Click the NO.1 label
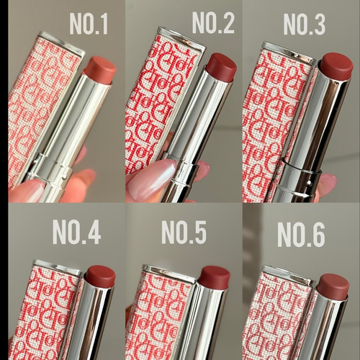(89, 24)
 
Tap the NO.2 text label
(213, 23)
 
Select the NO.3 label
(305, 24)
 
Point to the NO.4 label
(76, 233)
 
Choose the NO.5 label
(184, 233)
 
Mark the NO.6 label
(301, 234)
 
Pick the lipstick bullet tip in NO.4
(101, 276)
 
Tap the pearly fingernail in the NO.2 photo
(151, 179)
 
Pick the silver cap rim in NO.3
(288, 51)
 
